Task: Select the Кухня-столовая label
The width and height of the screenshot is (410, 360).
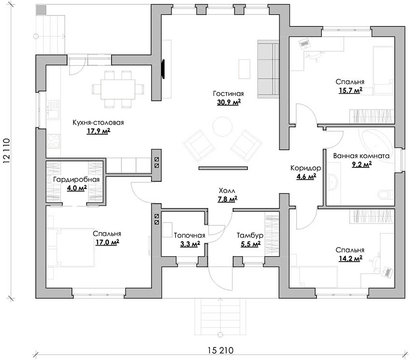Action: [98, 123]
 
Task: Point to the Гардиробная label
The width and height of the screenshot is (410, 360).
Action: [76, 180]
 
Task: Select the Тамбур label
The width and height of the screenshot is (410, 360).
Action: [249, 235]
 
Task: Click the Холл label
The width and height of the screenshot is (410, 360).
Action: [229, 191]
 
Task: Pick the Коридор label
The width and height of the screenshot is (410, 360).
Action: [303, 168]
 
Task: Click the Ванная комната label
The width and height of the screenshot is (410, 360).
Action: [361, 156]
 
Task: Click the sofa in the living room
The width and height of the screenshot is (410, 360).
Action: [268, 69]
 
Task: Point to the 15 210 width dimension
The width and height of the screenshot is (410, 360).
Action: [216, 350]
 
